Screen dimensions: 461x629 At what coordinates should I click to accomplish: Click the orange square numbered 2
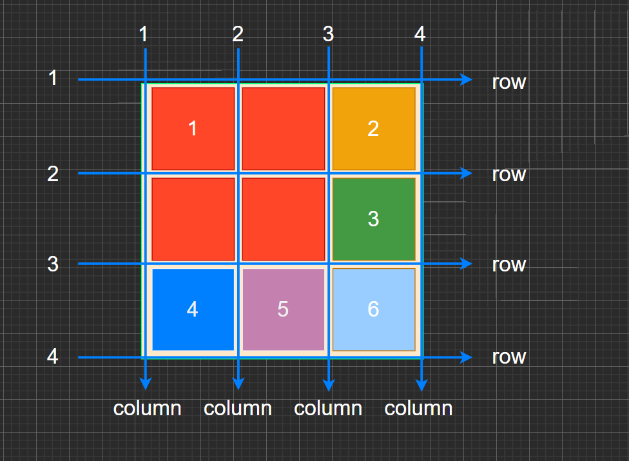[x=373, y=128]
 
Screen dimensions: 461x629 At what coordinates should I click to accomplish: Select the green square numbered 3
[x=373, y=219]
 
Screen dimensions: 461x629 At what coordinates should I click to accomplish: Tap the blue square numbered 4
[x=192, y=309]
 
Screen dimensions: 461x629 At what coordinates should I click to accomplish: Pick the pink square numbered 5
[x=283, y=309]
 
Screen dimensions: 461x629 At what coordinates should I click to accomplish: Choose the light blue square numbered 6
[x=373, y=309]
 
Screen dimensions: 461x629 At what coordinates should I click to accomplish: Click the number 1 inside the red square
[x=192, y=128]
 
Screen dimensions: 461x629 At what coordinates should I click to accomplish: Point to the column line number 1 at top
[x=144, y=34]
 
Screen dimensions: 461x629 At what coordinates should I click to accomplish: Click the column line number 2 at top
[x=238, y=34]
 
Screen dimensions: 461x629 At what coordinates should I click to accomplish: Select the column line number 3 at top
[x=328, y=34]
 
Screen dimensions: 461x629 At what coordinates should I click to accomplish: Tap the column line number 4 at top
[x=420, y=34]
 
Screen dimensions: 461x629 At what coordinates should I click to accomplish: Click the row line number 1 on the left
[x=53, y=79]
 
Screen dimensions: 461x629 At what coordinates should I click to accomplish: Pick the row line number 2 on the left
[x=53, y=173]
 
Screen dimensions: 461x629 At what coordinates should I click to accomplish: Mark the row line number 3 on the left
[x=53, y=264]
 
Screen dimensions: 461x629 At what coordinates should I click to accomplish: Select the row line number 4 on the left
[x=53, y=356]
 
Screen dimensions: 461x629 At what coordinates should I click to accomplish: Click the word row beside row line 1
[x=508, y=83]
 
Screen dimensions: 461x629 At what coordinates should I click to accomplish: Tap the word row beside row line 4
[x=508, y=357]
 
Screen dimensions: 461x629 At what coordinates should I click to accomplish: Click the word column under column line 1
[x=147, y=409]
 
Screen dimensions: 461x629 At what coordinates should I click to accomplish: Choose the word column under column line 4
[x=418, y=409]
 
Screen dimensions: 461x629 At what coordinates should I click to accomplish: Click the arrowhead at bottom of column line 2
[x=238, y=384]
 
